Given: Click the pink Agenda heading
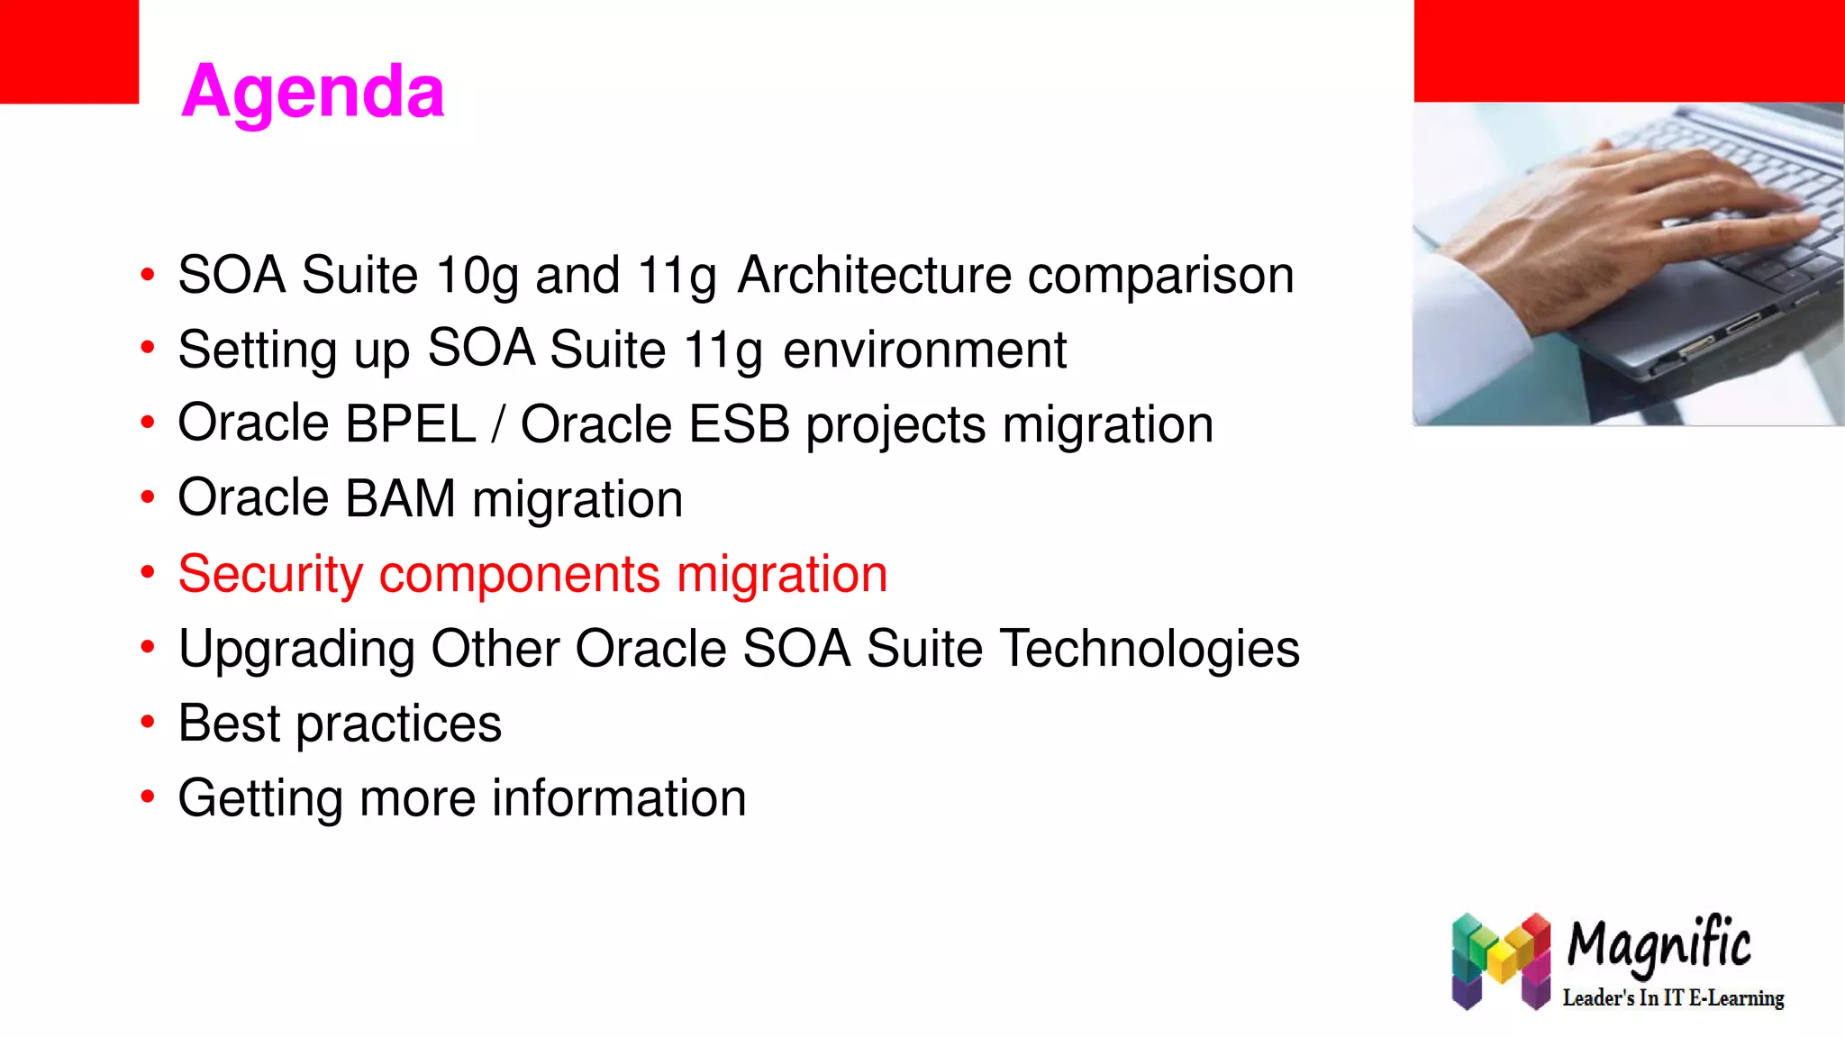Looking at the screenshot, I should tap(313, 91).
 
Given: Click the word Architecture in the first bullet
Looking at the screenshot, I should tap(874, 275).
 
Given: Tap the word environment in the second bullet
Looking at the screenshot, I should tap(924, 350).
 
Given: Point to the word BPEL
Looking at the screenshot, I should tap(410, 423).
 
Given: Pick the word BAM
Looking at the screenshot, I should tap(400, 498).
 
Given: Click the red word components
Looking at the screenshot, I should tap(520, 574).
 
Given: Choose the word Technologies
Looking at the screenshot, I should tap(1150, 649).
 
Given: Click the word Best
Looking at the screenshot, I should tap(229, 723).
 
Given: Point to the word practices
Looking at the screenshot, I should tap(398, 724).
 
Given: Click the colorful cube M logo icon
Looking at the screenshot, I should tap(1501, 961).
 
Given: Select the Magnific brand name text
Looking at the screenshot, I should tap(1659, 945).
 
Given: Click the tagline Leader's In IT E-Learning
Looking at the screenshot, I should tap(1673, 997).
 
